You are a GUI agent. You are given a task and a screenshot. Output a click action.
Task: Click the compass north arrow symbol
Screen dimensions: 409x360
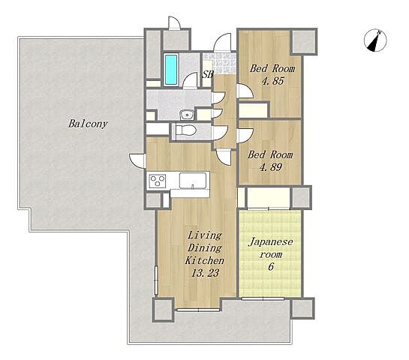(375, 40)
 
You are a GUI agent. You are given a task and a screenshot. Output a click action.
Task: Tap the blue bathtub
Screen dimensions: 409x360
(171, 70)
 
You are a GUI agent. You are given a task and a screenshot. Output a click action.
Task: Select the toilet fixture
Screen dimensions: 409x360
(185, 130)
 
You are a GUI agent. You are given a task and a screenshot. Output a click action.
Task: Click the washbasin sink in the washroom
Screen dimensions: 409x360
(187, 115)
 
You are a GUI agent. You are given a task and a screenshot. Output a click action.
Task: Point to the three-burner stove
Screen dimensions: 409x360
(158, 181)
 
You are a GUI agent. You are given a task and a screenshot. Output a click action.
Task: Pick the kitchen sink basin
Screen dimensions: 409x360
(193, 181)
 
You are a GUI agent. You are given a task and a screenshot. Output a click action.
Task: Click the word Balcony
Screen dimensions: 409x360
(88, 124)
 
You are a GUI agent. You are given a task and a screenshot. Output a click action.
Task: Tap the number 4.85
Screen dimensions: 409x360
(272, 81)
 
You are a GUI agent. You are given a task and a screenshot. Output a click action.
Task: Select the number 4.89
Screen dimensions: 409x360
(271, 167)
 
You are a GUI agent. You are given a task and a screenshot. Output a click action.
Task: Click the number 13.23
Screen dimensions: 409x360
(206, 273)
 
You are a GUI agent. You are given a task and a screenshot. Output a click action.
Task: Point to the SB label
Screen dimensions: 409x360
(208, 74)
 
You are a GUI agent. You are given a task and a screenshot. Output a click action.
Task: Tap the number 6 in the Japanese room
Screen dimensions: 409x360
(271, 266)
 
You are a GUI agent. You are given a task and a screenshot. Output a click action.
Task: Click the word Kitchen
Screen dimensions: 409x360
(204, 260)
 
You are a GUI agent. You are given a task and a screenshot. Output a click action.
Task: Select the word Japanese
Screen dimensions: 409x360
(271, 242)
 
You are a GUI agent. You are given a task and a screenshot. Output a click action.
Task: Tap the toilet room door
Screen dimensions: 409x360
(220, 132)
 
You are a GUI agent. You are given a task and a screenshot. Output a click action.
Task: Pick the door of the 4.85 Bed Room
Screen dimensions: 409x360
(245, 91)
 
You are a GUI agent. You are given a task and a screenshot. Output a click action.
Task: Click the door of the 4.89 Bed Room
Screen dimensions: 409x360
(245, 136)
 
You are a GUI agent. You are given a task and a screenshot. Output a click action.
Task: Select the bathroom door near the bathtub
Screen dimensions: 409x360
(190, 81)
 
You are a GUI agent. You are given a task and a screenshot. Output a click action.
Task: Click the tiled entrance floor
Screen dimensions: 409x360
(220, 63)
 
